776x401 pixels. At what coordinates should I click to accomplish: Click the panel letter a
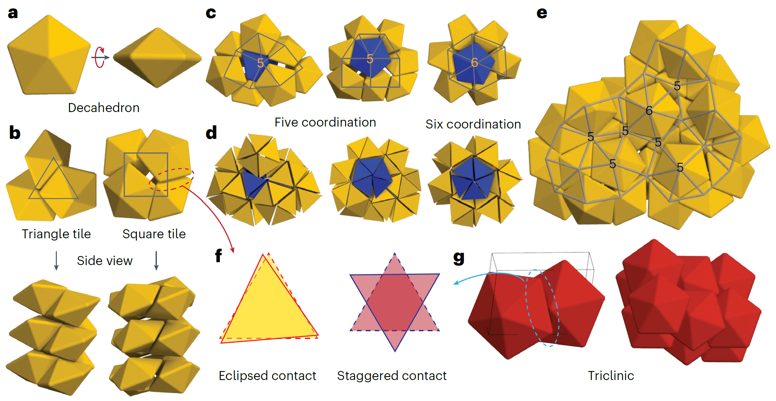click(13, 13)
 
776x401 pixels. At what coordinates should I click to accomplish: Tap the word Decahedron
click(104, 108)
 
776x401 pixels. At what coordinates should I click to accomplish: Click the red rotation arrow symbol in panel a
click(100, 57)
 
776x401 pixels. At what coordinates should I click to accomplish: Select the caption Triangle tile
click(56, 234)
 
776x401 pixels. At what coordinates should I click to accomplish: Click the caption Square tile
click(154, 234)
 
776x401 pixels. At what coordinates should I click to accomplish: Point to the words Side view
click(105, 261)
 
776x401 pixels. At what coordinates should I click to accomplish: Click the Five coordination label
click(325, 122)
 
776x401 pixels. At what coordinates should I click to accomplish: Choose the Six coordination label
click(473, 124)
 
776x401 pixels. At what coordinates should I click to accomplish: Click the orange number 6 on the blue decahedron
click(474, 63)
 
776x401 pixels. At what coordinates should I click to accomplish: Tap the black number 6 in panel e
click(649, 111)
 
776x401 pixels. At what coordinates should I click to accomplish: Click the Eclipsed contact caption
click(267, 375)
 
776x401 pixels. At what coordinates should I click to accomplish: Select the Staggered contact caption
click(392, 375)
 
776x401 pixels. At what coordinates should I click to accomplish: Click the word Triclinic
click(611, 375)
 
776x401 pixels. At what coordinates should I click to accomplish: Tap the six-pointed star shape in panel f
click(394, 302)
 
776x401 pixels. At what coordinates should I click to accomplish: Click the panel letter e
click(542, 13)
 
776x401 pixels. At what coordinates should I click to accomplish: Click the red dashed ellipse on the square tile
click(171, 179)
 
